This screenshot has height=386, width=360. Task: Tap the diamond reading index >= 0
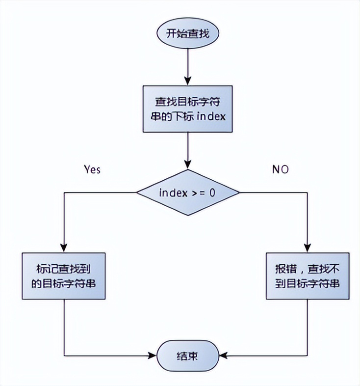[188, 193]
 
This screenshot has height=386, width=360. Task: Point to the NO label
[281, 169]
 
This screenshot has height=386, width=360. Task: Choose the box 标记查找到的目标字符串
[64, 276]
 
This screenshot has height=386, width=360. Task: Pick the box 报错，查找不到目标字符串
[308, 276]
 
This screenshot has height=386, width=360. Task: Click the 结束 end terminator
[186, 356]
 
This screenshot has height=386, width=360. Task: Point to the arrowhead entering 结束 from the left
[152, 356]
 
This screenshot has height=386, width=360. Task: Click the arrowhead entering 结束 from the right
[221, 356]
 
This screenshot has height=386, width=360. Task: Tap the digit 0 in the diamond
[212, 193]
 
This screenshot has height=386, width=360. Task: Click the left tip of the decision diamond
[136, 193]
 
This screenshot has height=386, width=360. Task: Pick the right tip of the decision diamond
[239, 193]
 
